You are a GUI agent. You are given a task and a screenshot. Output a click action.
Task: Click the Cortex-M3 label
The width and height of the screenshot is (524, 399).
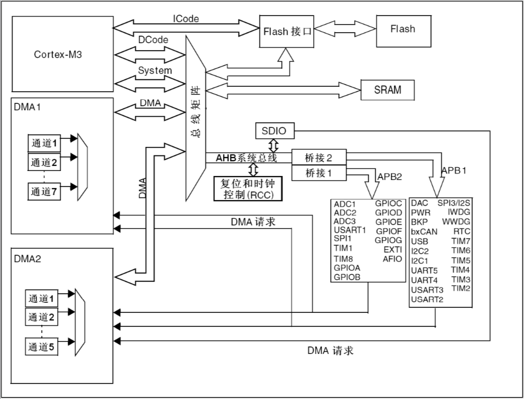(58, 54)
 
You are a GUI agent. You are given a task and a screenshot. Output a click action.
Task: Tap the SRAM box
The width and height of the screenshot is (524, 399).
(387, 90)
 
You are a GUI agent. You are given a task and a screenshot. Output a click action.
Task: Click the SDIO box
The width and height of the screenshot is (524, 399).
(274, 131)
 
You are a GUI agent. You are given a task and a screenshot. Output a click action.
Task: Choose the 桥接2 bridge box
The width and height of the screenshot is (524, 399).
(319, 158)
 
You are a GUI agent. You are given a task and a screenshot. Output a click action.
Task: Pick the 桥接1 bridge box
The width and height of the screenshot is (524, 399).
(319, 173)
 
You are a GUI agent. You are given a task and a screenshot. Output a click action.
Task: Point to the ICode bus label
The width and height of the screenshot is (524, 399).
(186, 19)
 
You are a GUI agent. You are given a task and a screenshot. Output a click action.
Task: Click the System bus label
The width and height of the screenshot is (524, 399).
(155, 71)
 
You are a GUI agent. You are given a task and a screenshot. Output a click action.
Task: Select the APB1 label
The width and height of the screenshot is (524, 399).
(454, 170)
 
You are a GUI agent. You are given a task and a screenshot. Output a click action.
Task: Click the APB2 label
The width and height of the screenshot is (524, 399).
(390, 176)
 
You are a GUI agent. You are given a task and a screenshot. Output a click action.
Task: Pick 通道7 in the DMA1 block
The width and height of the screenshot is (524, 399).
(44, 191)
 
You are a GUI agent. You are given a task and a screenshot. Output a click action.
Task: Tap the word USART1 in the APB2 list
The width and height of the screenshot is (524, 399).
(350, 230)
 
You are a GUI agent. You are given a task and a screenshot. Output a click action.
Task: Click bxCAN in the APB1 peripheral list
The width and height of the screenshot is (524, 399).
(424, 232)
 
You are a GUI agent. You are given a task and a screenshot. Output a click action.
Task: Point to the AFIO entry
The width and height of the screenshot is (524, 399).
(392, 259)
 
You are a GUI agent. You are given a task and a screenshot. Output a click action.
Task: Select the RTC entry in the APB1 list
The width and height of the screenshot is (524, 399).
(461, 231)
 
